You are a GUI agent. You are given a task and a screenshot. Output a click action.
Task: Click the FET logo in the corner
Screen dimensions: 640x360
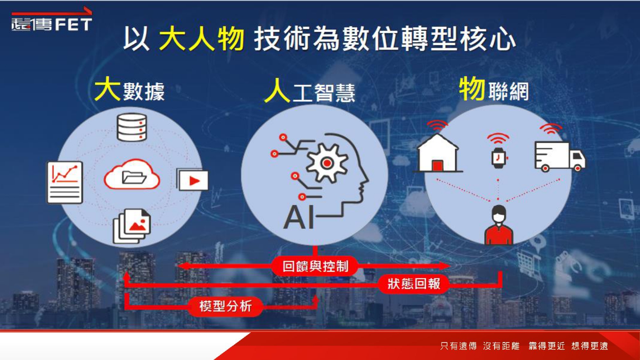point(52,20)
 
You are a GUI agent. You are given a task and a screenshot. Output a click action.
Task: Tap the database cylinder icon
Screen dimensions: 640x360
point(132,128)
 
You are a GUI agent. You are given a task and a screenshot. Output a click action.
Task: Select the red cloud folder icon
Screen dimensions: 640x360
point(132,174)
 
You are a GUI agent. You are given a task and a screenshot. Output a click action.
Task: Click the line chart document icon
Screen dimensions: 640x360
point(64,182)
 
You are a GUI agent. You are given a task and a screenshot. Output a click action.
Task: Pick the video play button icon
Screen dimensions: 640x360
point(192,180)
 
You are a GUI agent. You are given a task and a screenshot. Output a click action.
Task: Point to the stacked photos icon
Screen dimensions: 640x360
point(132,226)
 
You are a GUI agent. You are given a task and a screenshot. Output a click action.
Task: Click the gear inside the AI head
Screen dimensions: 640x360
point(327,163)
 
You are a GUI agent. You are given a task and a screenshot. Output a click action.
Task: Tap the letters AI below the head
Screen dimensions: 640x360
point(299,217)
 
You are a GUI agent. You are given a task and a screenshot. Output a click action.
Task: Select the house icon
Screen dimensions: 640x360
point(437,153)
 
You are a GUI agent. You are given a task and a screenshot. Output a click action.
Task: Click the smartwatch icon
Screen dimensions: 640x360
point(499,158)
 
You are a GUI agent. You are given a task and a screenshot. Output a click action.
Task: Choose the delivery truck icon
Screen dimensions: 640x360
point(560,157)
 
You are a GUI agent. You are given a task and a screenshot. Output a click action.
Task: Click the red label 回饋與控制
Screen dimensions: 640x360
point(315,266)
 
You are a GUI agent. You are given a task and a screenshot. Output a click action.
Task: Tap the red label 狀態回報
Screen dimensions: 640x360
point(413,284)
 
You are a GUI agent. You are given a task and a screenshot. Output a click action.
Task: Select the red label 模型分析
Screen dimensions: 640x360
point(225,306)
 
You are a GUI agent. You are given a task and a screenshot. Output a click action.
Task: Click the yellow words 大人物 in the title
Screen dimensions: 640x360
point(201,38)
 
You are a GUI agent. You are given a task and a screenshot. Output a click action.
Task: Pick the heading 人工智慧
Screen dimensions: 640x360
point(310,91)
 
